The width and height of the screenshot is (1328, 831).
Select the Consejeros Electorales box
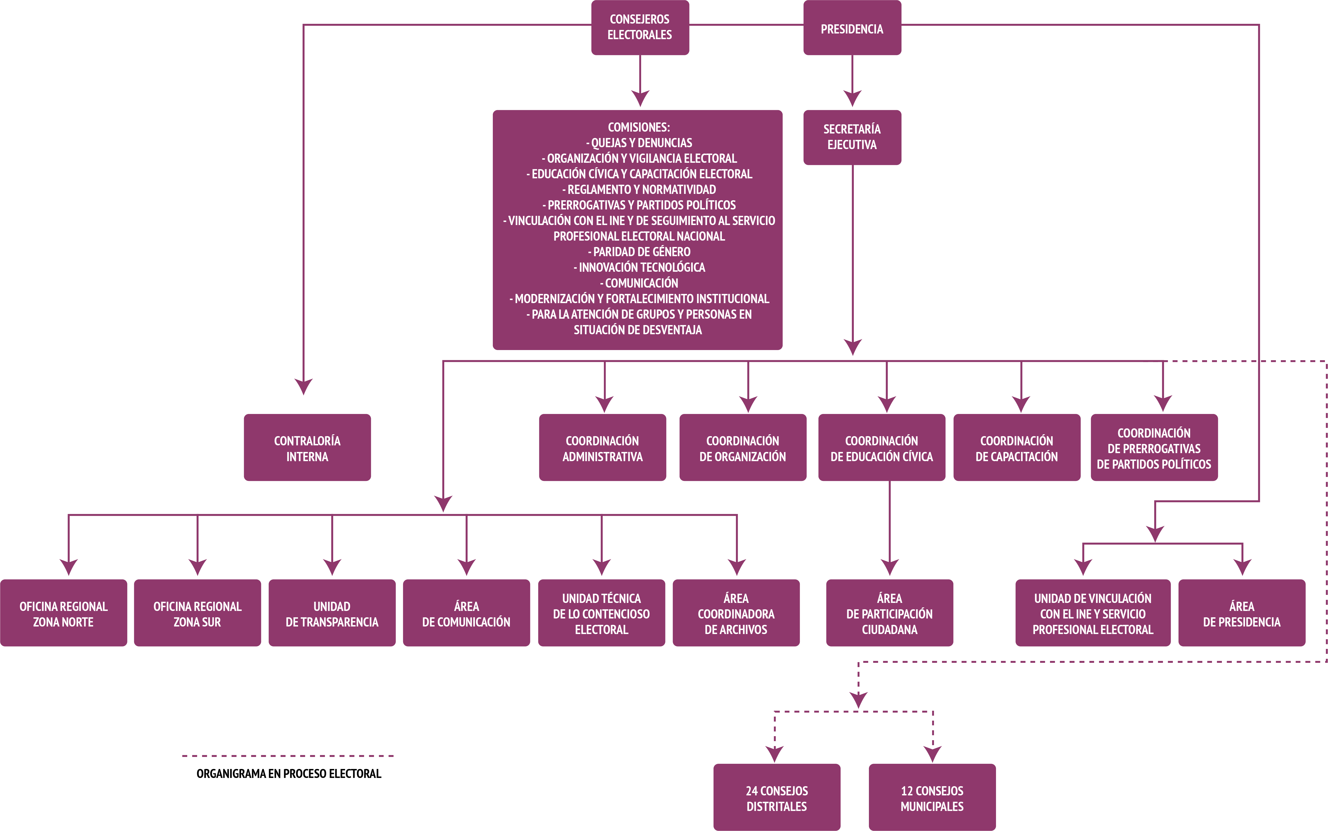point(639,28)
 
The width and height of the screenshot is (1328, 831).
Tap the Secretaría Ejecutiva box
point(852,138)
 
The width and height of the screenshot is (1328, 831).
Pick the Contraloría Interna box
point(307,448)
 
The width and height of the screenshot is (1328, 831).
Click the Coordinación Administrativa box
point(602,448)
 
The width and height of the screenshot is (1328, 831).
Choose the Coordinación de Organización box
point(742,448)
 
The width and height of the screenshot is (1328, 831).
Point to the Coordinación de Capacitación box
point(1017,448)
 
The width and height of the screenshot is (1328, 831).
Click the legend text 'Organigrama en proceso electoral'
point(288,773)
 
